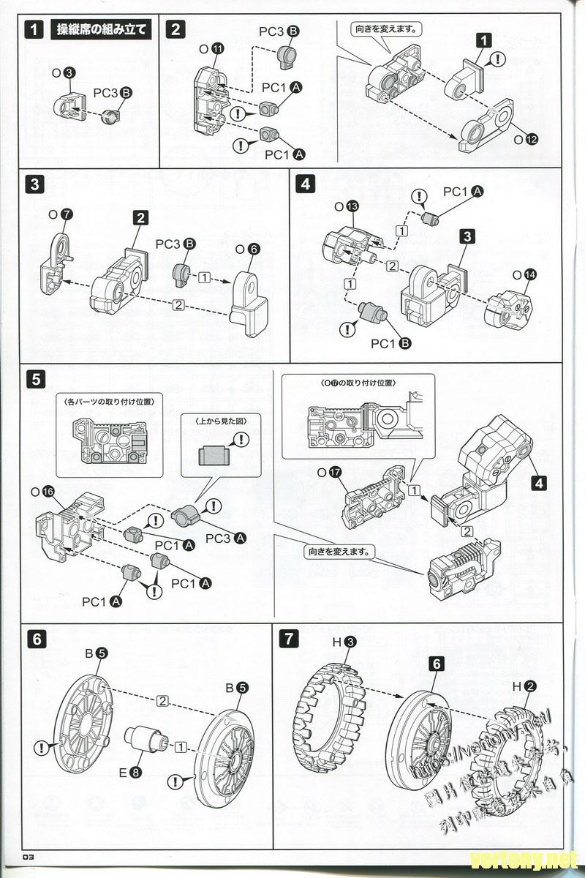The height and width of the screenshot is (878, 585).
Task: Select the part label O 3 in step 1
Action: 64,72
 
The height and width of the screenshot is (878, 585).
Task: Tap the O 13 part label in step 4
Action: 347,207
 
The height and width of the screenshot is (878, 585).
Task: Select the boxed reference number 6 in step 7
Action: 436,664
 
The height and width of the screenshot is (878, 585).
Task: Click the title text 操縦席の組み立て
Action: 101,30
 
